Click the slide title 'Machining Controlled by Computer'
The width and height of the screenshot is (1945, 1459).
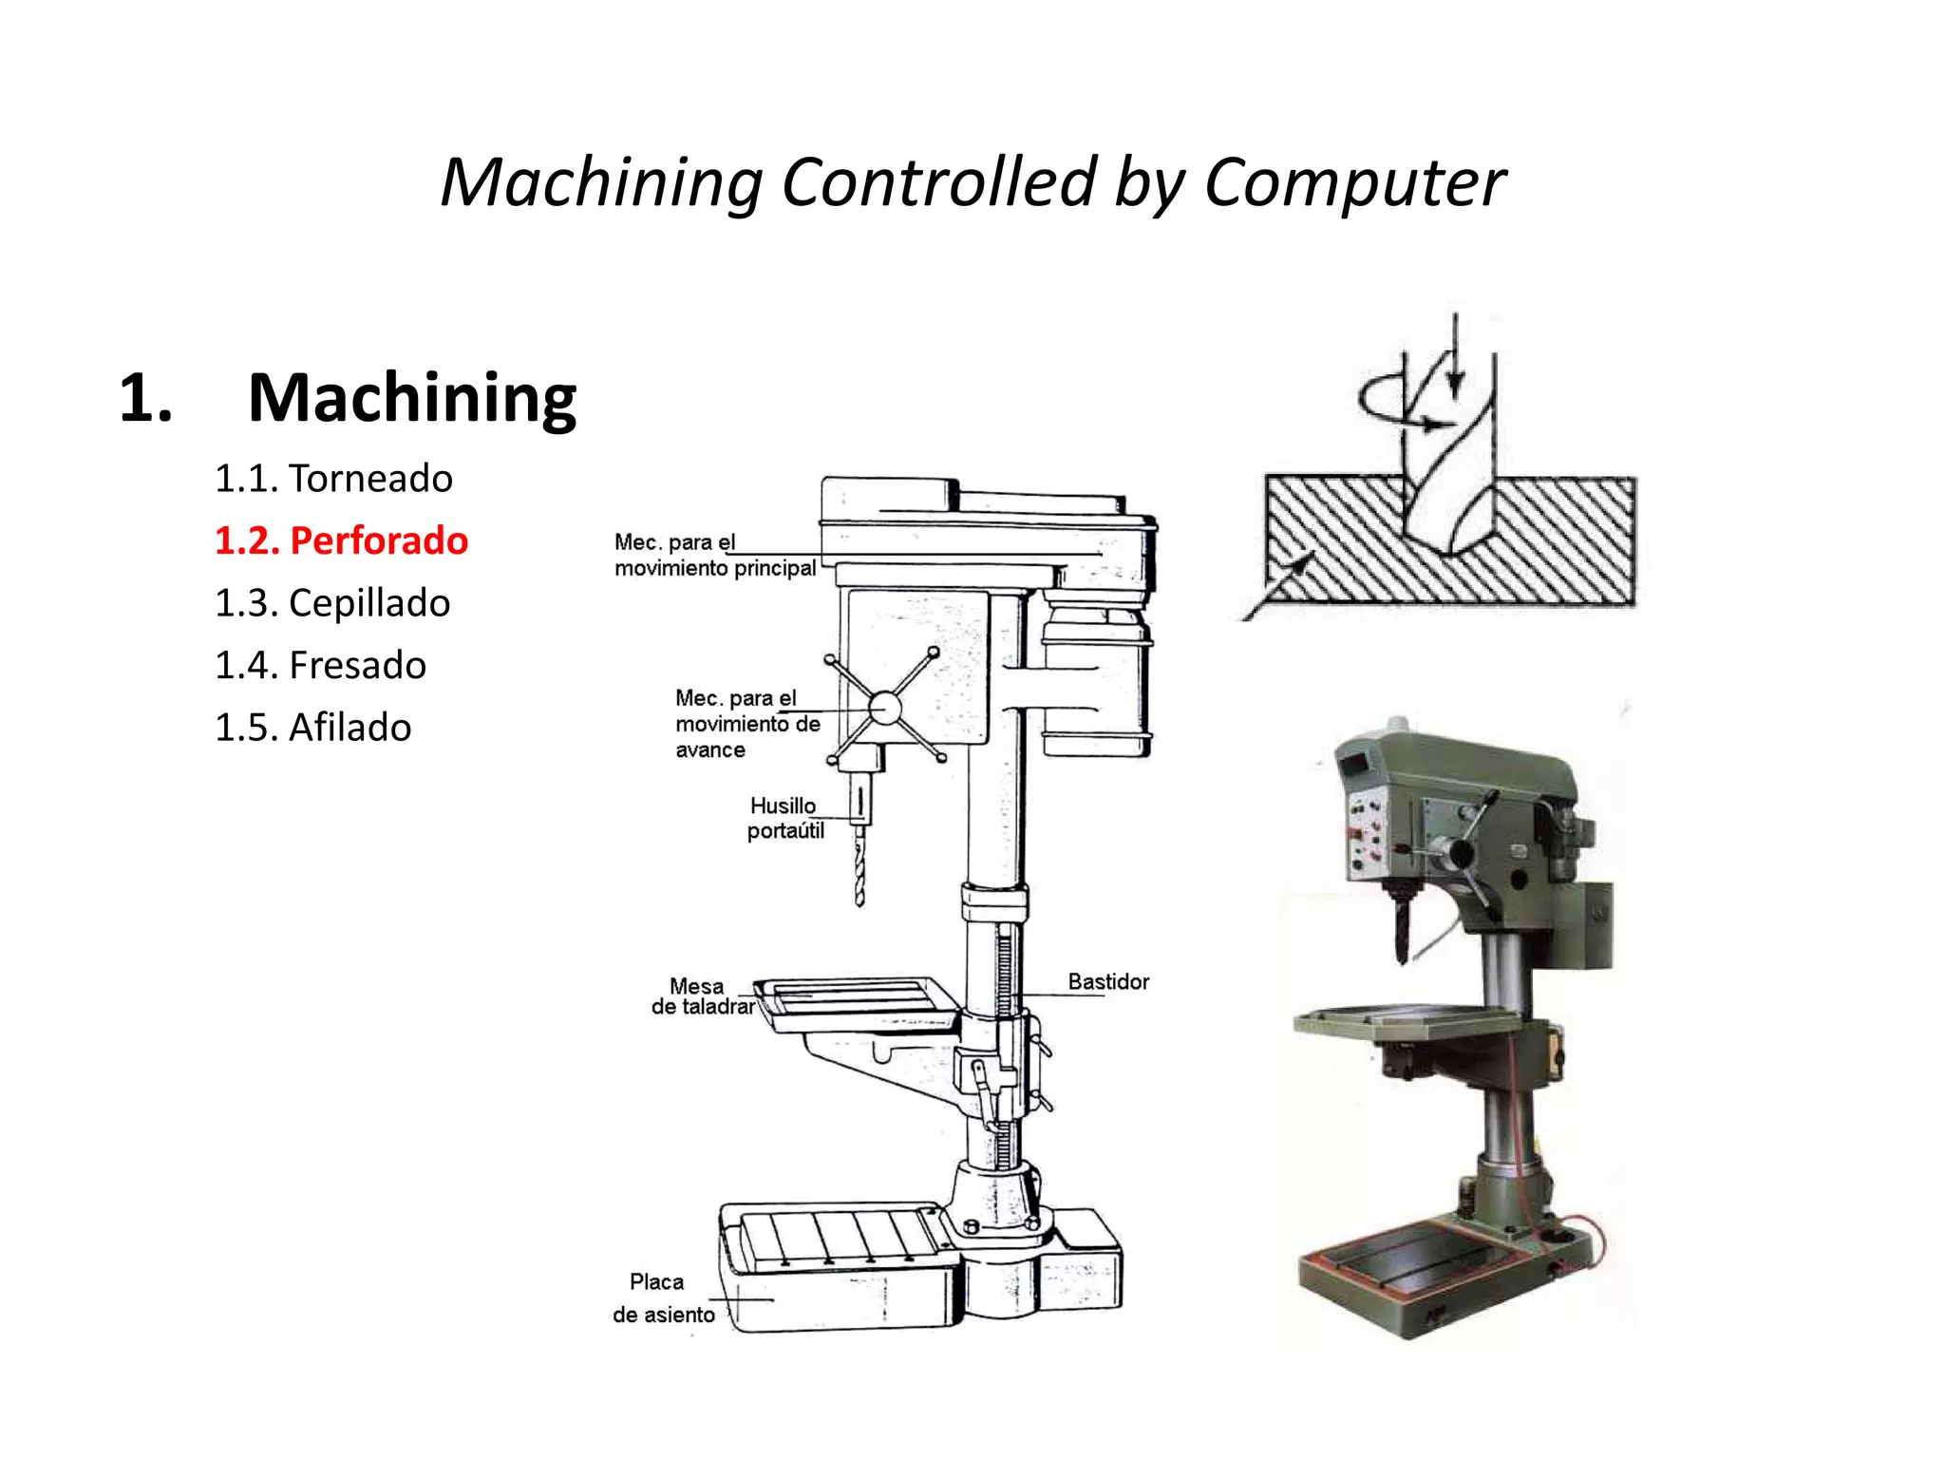click(x=972, y=181)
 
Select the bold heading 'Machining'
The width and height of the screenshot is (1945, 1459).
click(x=411, y=397)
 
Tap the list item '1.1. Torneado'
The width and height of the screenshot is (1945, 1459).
click(x=333, y=478)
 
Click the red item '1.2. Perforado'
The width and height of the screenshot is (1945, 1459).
click(x=341, y=540)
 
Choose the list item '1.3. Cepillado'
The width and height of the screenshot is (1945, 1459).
click(x=332, y=603)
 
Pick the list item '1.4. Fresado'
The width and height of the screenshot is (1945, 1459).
click(x=320, y=665)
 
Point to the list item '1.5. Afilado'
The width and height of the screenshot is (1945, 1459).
click(x=312, y=728)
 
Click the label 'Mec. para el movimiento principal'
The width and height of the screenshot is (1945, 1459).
click(x=714, y=556)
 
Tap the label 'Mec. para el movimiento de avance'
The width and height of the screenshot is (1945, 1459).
click(x=746, y=724)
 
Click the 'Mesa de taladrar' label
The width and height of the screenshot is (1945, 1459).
click(x=702, y=996)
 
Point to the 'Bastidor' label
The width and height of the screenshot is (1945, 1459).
click(x=1108, y=981)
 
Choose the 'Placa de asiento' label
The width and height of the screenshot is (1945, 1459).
click(x=662, y=1298)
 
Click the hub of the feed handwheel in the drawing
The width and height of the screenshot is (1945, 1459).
click(x=884, y=708)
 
